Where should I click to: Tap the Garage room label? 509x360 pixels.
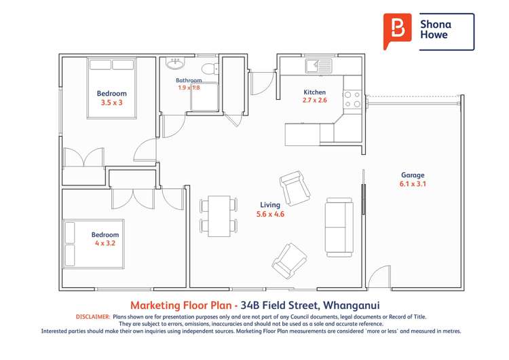click(413, 175)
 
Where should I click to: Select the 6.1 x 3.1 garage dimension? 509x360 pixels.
click(413, 184)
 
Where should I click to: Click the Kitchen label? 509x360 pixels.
click(314, 92)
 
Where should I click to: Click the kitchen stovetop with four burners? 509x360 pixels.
click(352, 100)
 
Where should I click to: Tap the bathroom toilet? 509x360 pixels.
click(212, 67)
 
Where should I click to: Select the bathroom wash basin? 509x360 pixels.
click(175, 65)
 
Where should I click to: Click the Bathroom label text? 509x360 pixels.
click(189, 80)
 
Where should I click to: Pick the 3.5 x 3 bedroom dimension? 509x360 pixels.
click(111, 103)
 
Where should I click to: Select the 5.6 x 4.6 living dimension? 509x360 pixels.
click(270, 214)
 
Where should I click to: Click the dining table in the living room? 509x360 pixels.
click(219, 215)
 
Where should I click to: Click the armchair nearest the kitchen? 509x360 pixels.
click(295, 188)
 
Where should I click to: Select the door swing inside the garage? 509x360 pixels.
click(380, 276)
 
